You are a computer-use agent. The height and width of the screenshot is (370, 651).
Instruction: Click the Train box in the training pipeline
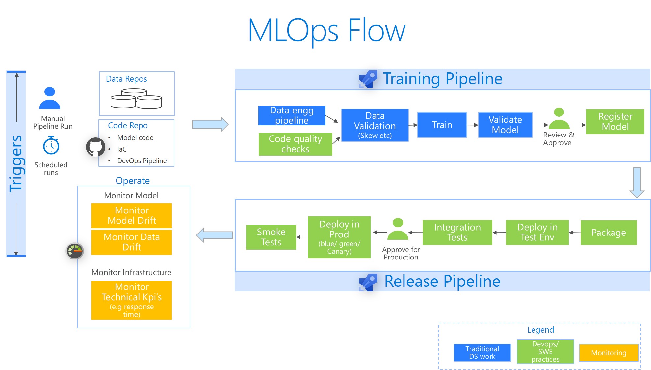click(442, 125)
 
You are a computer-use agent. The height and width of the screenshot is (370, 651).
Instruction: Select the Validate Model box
click(505, 125)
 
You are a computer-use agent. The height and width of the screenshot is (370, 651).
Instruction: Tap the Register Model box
click(615, 122)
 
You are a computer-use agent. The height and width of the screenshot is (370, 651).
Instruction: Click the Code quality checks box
click(295, 144)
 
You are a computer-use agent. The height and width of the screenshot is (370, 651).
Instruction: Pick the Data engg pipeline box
click(292, 115)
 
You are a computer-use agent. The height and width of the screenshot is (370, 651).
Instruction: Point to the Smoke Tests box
click(271, 237)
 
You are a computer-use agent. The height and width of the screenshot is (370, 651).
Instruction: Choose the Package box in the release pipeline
click(608, 233)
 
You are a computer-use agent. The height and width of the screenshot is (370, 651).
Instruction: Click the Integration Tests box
click(457, 233)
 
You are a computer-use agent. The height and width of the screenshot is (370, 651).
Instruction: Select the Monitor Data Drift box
click(132, 242)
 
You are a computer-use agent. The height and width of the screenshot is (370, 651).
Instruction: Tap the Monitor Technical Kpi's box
click(132, 300)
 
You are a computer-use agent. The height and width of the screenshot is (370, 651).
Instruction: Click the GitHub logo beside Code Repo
click(95, 147)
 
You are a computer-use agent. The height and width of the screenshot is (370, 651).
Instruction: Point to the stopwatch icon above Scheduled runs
click(51, 145)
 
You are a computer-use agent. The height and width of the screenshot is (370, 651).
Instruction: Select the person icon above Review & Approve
click(559, 118)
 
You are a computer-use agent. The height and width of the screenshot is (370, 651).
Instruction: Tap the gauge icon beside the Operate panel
click(75, 251)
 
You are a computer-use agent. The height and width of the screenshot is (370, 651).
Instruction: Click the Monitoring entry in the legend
click(609, 353)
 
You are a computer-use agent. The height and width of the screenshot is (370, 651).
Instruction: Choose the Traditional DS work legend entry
click(482, 353)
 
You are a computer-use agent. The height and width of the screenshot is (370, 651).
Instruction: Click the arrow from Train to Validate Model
click(472, 125)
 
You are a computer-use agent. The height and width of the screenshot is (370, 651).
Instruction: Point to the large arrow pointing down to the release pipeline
click(637, 183)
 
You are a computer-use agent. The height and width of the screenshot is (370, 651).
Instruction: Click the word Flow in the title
click(376, 31)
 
